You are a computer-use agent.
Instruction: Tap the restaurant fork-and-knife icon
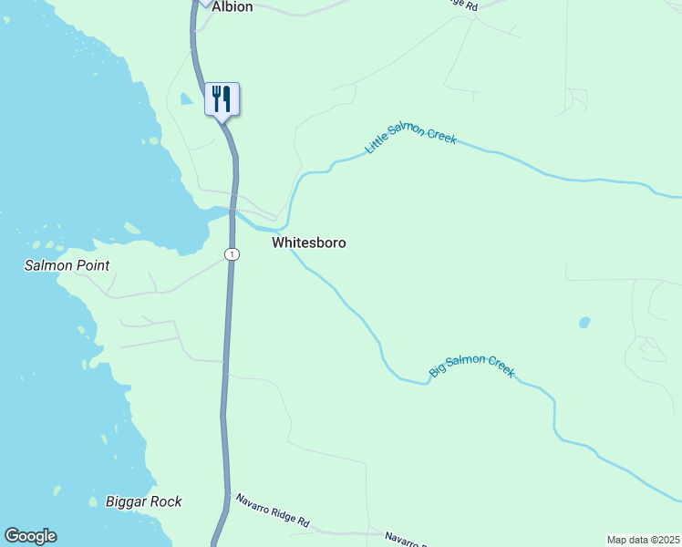222,98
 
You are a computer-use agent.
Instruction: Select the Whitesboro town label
308,243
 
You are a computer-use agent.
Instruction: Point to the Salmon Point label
67,265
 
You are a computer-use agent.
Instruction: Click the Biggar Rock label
143,501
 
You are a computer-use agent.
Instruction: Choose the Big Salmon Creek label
472,366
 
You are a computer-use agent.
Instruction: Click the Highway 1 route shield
233,253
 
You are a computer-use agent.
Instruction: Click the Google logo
30,536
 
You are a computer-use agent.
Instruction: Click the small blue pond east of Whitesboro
584,322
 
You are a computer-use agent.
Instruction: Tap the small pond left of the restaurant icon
186,98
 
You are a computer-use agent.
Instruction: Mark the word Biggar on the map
126,501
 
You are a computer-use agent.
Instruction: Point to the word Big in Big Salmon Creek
438,371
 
